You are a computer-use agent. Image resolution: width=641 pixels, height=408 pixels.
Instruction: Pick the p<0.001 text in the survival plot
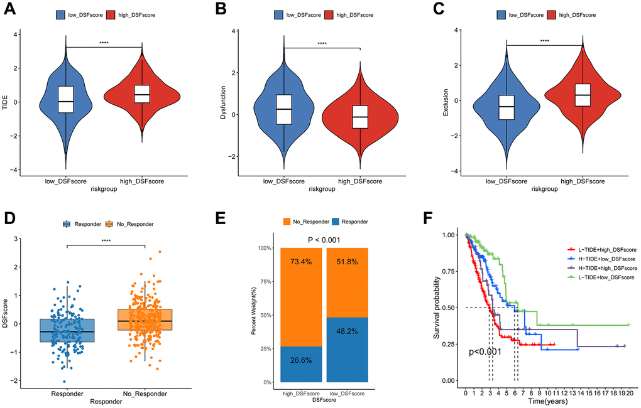tap(485, 352)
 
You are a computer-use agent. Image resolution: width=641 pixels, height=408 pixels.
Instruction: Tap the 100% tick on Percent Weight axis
tap(264, 248)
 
